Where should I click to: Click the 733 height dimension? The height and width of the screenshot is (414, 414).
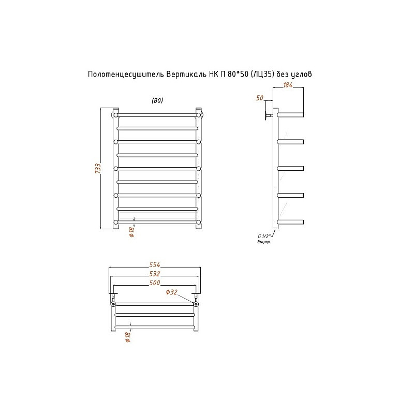(98, 169)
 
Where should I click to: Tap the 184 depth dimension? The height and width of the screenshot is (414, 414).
(288, 85)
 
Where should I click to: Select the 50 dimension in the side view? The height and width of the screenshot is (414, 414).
(260, 98)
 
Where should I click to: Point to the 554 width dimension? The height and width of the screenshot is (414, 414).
(155, 264)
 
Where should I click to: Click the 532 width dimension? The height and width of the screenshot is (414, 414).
(155, 274)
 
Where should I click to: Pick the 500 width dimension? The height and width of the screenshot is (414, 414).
(155, 283)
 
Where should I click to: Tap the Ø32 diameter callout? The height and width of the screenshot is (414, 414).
(172, 292)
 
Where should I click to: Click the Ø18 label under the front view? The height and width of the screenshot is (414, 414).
(132, 231)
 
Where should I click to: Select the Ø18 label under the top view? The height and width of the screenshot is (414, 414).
(128, 337)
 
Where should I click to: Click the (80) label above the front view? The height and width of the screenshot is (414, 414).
(157, 100)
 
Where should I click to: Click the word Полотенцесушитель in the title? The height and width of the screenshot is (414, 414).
(126, 75)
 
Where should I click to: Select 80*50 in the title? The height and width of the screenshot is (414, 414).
(238, 74)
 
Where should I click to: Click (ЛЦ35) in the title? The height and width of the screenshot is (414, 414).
(262, 75)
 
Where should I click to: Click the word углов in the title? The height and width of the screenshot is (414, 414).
(301, 75)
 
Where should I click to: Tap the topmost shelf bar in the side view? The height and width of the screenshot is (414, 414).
(290, 115)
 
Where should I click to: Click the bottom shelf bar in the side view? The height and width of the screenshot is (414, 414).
(290, 222)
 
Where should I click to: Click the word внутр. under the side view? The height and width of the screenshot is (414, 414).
(264, 242)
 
